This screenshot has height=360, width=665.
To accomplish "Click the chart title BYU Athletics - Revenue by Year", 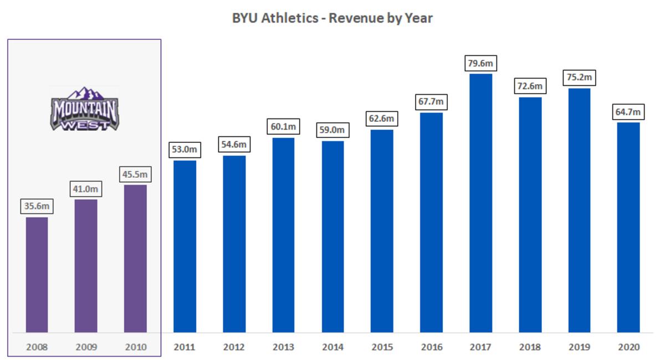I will pyautogui.click(x=332, y=18).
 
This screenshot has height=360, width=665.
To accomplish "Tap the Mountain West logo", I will pyautogui.click(x=84, y=109).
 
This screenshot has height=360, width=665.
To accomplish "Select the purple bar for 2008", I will pyautogui.click(x=37, y=274).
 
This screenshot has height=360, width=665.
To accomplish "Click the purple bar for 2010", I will pyautogui.click(x=135, y=258).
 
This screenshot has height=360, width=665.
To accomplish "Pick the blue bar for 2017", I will pyautogui.click(x=480, y=203).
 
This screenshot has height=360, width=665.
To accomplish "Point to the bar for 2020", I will pyautogui.click(x=628, y=227).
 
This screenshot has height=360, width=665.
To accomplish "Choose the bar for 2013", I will pyautogui.click(x=283, y=235).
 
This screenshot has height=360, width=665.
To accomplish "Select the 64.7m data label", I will pyautogui.click(x=628, y=112).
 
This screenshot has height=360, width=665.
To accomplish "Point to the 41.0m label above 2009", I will pyautogui.click(x=86, y=189).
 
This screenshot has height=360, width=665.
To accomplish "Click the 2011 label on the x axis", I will pyautogui.click(x=185, y=348).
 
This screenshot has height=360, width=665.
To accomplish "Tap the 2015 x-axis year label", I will pyautogui.click(x=382, y=348).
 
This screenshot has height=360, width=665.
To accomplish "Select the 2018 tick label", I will pyautogui.click(x=530, y=348).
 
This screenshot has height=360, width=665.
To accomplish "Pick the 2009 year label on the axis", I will pyautogui.click(x=86, y=348).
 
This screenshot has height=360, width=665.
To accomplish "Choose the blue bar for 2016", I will pyautogui.click(x=431, y=222).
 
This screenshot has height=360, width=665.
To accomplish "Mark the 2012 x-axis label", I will pyautogui.click(x=234, y=348).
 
